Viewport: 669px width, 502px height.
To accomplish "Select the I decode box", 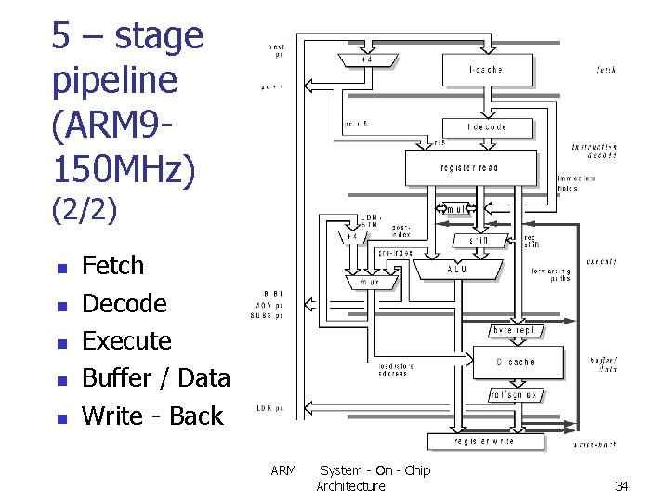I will point(487,126).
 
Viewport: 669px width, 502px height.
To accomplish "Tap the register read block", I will point(470,167).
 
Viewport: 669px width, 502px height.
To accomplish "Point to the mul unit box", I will point(455,209).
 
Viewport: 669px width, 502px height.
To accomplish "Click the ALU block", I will point(457,269).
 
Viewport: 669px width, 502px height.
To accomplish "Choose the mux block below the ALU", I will point(370,282).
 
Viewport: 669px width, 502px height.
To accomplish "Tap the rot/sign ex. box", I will point(513,395).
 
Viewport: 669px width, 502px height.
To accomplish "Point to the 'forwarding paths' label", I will point(551,274).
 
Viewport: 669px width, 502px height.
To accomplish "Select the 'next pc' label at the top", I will point(277,49).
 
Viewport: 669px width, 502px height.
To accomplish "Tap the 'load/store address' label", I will point(396,369).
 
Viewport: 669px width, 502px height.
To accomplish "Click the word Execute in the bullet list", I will point(126,340).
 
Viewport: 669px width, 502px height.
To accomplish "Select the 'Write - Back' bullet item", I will point(152,416).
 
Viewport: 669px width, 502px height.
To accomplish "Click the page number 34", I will point(622,486).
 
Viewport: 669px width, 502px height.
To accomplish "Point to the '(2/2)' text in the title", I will point(85,210).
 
